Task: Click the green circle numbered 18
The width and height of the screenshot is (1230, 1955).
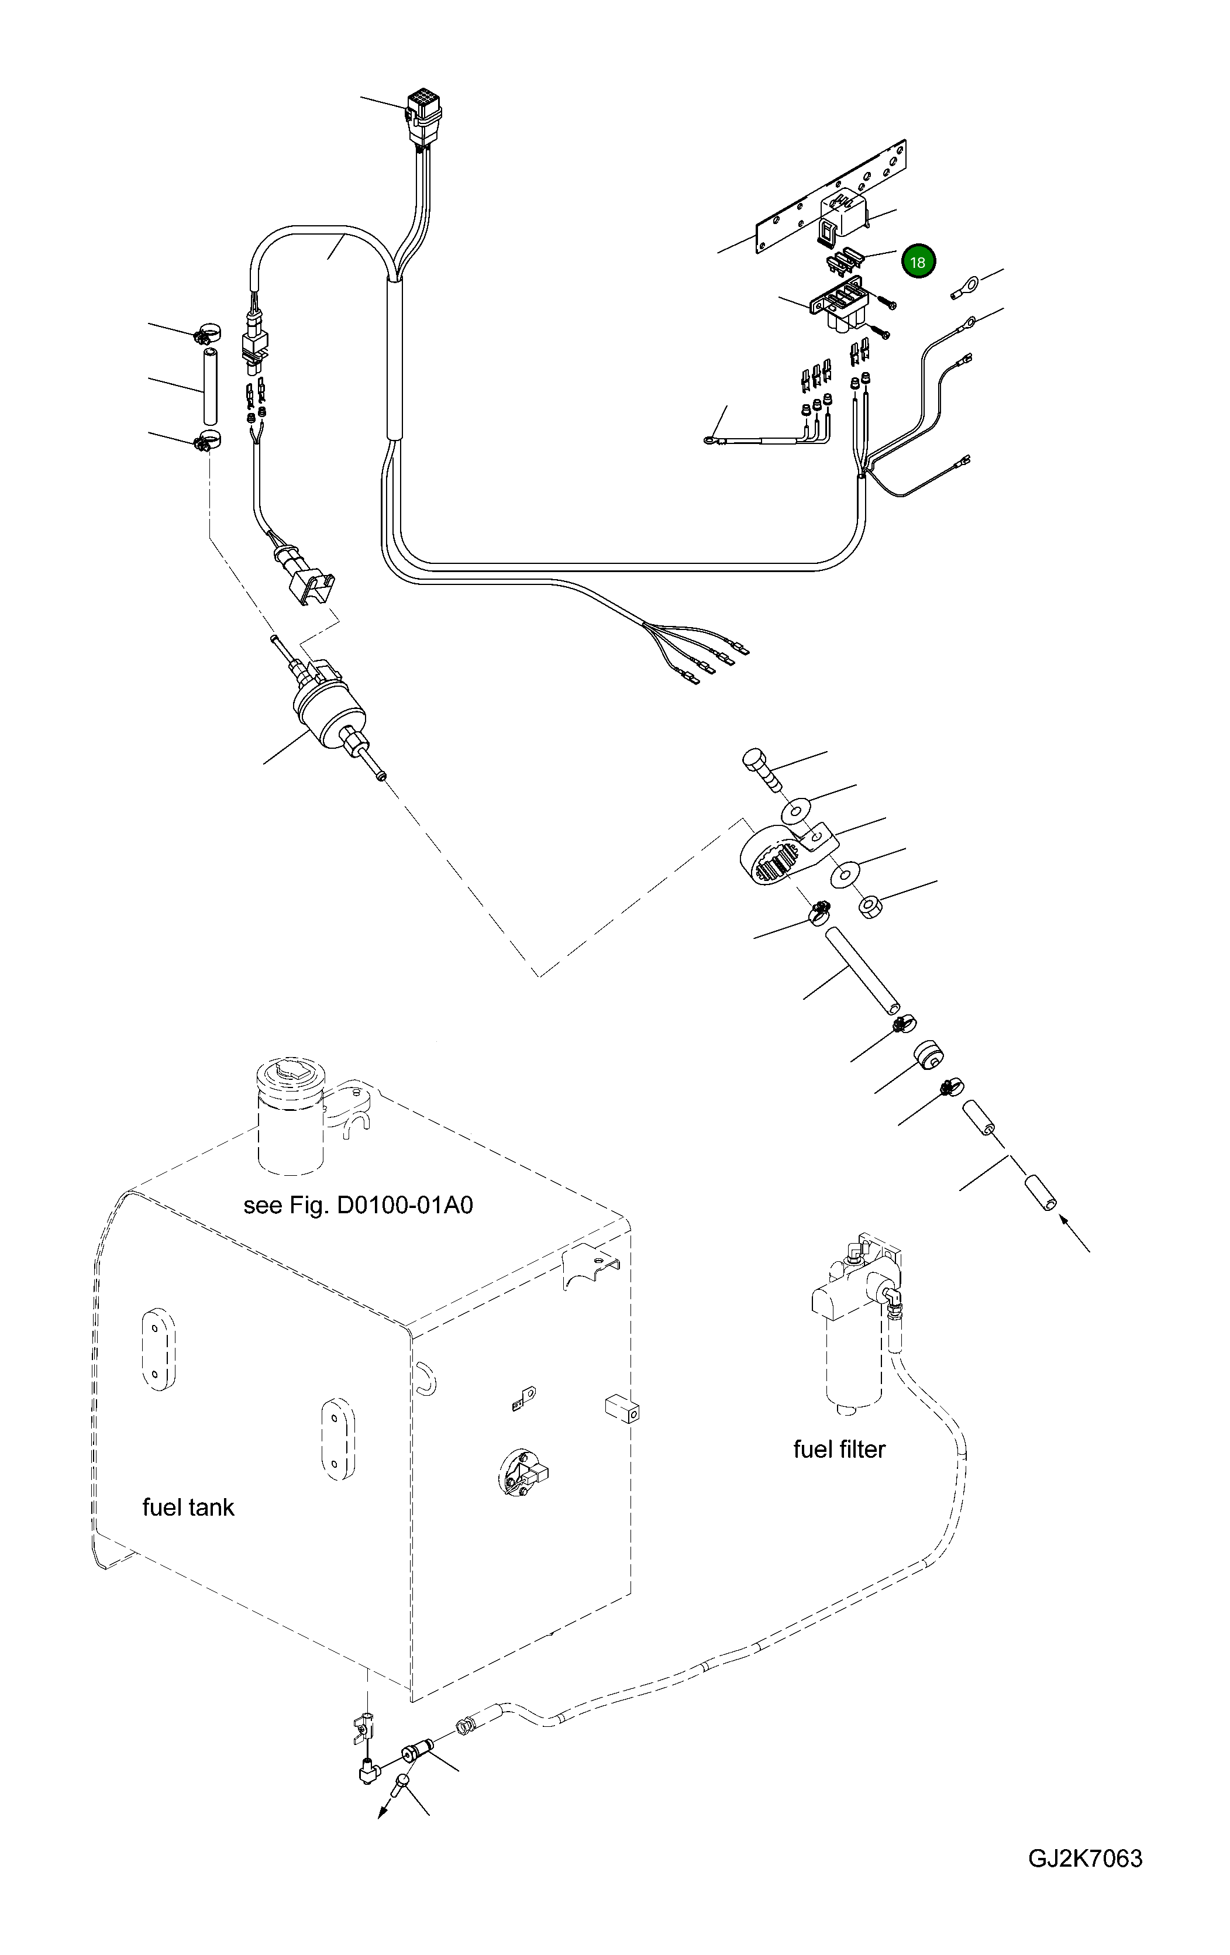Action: (918, 261)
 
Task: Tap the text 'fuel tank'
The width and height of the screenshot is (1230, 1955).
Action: (188, 1507)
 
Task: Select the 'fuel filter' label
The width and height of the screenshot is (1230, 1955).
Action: (839, 1449)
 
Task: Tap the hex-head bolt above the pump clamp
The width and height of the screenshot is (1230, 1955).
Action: (763, 770)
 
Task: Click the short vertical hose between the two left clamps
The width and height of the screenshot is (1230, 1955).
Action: (209, 385)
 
